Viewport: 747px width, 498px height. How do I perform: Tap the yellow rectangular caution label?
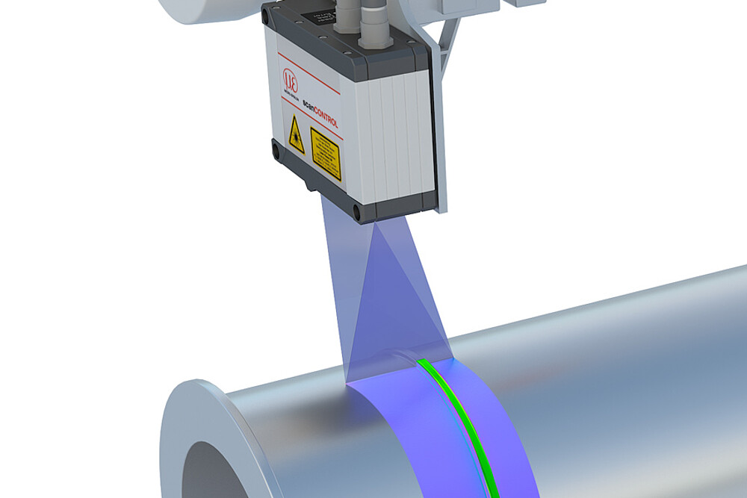tap(326, 152)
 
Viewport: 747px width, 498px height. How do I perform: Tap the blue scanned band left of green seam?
tap(403, 418)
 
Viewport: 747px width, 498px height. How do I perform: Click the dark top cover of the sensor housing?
tap(351, 30)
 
